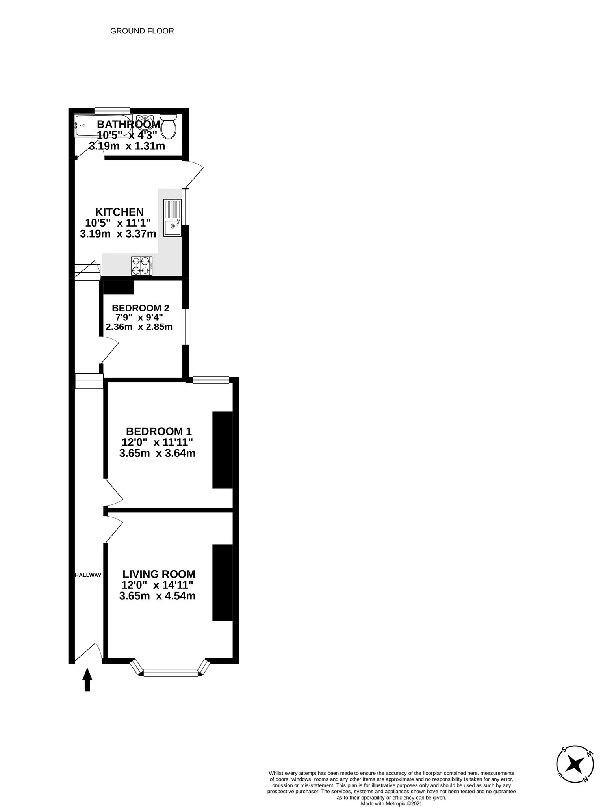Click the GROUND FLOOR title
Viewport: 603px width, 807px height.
point(142,31)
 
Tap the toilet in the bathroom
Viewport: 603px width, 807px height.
point(169,126)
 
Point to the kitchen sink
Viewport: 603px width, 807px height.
point(173,218)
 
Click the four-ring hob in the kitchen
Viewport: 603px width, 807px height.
point(142,266)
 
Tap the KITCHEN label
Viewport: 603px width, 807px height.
point(119,212)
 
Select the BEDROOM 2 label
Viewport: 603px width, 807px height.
point(141,308)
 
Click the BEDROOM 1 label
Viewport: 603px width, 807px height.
point(159,431)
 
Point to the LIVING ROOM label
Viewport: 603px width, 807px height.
point(159,574)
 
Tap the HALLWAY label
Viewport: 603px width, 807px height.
point(88,575)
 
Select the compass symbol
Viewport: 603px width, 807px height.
point(575,765)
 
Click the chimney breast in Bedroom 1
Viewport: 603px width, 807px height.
point(223,450)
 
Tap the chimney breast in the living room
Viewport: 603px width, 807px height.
point(223,583)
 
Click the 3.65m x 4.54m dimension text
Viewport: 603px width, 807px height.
point(157,596)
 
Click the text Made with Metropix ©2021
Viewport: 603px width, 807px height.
point(391,803)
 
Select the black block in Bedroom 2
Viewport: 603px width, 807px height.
point(119,287)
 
